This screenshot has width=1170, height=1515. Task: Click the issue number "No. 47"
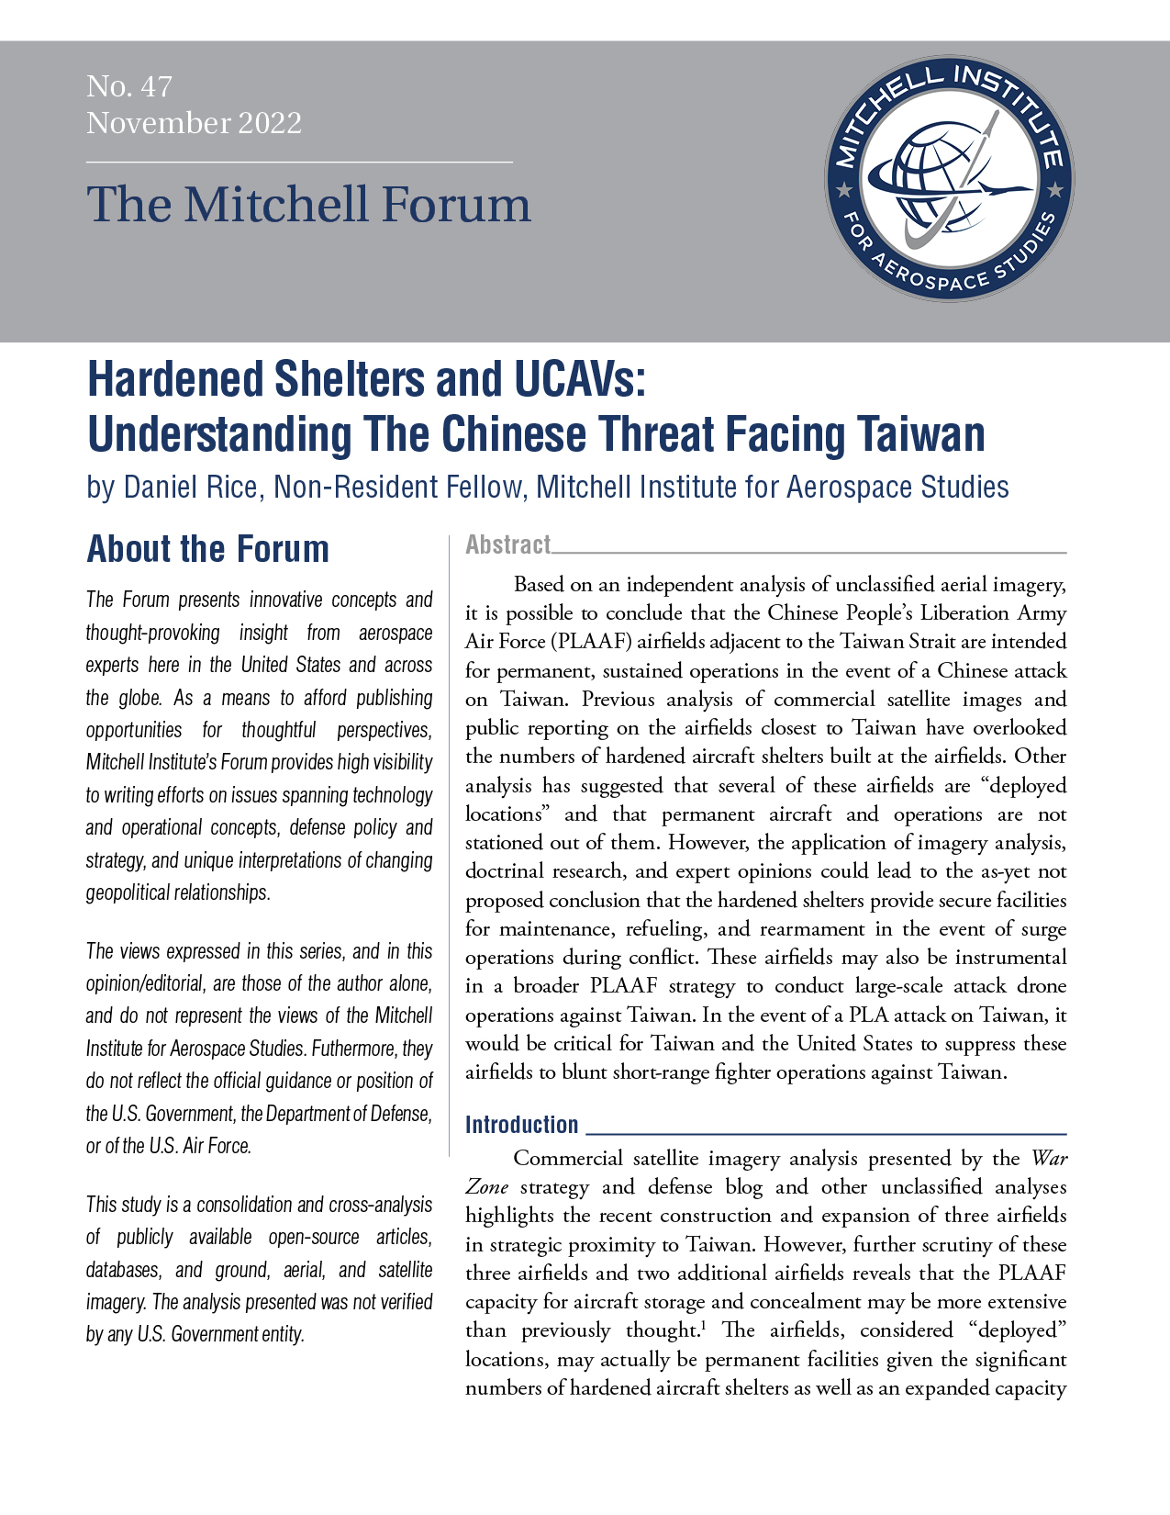129,86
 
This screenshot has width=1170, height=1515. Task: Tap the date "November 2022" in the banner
194,123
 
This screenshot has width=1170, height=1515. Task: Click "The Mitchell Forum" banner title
308,204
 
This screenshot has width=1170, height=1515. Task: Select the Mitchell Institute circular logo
949,180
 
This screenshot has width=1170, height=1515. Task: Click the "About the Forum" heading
207,549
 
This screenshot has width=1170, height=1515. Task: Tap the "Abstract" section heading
507,544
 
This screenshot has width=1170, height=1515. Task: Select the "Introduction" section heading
521,1125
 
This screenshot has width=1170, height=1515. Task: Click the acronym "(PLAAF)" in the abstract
597,641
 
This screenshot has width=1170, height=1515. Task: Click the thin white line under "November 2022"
299,162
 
